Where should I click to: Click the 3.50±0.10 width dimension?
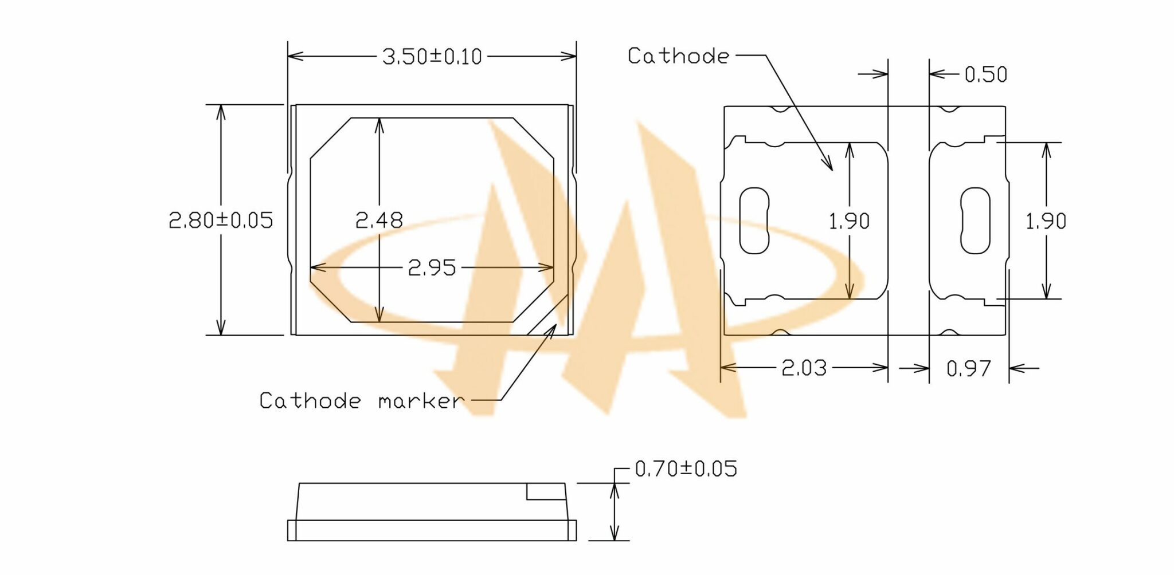(432, 57)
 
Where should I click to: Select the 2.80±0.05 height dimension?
(221, 220)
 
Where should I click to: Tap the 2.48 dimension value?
(379, 220)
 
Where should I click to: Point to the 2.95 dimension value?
(432, 267)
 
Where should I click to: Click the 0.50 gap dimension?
(985, 74)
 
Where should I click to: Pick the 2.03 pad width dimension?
(804, 368)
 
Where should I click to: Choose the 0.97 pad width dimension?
(968, 368)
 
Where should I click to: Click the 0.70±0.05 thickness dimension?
(686, 469)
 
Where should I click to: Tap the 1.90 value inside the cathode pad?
(849, 221)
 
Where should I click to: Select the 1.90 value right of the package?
(1046, 221)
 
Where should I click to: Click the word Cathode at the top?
(678, 56)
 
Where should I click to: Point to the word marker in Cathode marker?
(420, 401)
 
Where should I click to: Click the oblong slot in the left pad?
(754, 220)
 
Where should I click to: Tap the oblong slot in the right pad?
(975, 220)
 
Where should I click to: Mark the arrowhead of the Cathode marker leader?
(553, 328)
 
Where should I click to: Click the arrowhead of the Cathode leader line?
(830, 167)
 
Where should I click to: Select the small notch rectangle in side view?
(546, 491)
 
